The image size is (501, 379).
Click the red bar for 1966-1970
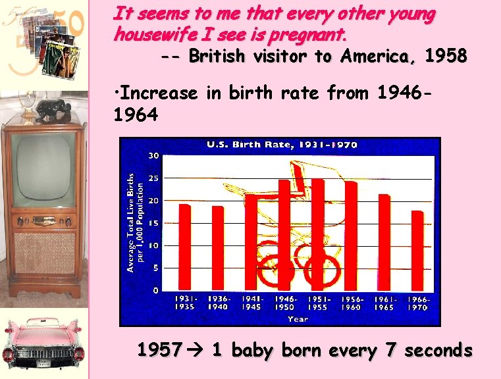click(x=417, y=250)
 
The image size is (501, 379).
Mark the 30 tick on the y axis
click(x=152, y=156)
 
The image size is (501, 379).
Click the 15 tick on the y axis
click(x=152, y=224)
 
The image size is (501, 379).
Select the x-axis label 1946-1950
click(x=284, y=303)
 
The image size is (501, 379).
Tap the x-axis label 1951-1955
click(x=318, y=303)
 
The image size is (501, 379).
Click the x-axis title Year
click(x=298, y=319)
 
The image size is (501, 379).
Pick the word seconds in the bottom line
click(x=438, y=351)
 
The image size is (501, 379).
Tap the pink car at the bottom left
click(x=43, y=343)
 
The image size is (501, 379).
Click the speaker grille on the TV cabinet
click(x=44, y=253)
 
